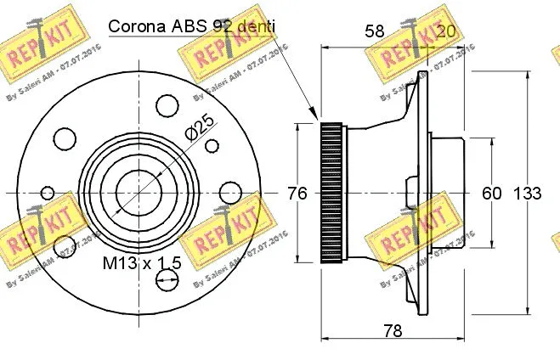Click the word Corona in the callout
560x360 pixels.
(136, 26)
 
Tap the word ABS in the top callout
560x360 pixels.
(185, 26)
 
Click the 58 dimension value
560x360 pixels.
(374, 31)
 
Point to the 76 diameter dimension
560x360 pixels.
(297, 193)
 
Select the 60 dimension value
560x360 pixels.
(492, 193)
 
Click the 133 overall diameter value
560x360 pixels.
(528, 193)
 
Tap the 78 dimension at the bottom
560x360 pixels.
(392, 331)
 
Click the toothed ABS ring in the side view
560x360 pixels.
(331, 193)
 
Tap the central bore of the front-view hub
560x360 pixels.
(135, 193)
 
